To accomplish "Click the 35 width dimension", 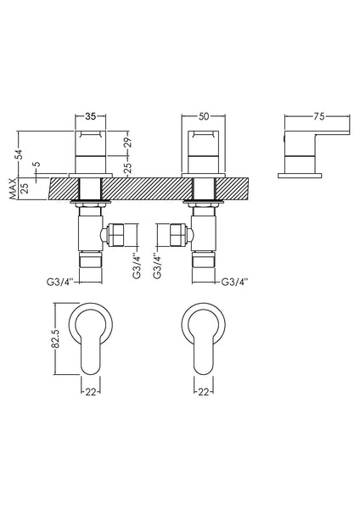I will [91, 109].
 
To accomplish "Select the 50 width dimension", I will [205, 109].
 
